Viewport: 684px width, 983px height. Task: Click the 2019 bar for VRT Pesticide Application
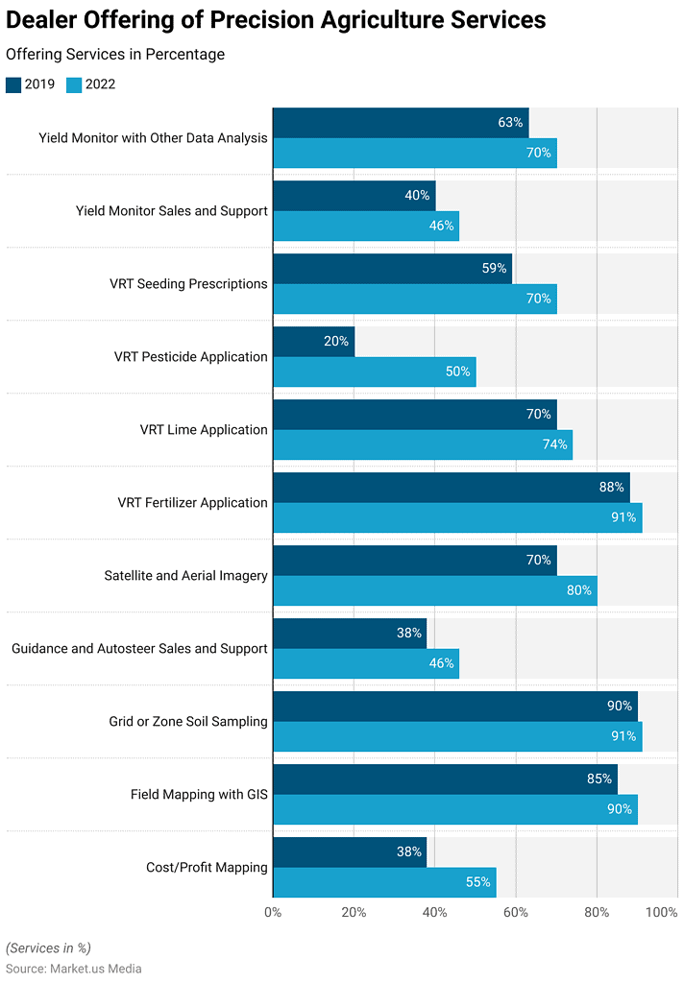(x=314, y=342)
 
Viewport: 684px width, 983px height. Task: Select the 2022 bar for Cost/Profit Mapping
(x=384, y=882)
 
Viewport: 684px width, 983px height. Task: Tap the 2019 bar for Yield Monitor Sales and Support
(x=354, y=196)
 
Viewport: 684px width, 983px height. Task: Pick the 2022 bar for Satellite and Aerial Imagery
(x=435, y=590)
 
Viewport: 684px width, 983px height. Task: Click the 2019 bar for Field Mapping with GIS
(x=446, y=779)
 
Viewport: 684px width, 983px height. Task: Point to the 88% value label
(x=612, y=488)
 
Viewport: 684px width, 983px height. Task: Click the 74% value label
(x=554, y=444)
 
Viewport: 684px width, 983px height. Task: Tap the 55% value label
(x=478, y=882)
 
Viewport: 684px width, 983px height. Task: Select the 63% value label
(x=510, y=123)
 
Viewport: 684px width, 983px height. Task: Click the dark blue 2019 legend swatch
(x=13, y=84)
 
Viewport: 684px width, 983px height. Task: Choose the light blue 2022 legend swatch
(x=74, y=84)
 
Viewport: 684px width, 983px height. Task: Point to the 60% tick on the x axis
(x=516, y=912)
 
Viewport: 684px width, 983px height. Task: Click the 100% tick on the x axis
(x=662, y=912)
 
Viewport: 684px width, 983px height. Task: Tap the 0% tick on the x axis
(x=273, y=912)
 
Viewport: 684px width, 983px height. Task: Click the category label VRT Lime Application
(x=204, y=430)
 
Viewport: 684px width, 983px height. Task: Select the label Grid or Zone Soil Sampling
(x=188, y=722)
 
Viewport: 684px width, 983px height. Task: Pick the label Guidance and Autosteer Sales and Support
(x=139, y=649)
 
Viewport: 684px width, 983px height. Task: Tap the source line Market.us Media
(x=74, y=969)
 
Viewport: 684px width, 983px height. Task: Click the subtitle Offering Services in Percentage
(x=115, y=55)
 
